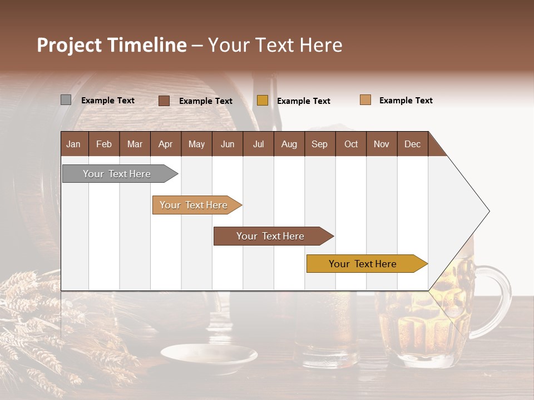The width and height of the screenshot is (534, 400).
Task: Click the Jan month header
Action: pyautogui.click(x=73, y=144)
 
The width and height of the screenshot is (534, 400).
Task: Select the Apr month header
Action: pyautogui.click(x=165, y=144)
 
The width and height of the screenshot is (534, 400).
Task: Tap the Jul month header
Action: pyautogui.click(x=258, y=144)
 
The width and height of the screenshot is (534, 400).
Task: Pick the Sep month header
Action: pyautogui.click(x=319, y=144)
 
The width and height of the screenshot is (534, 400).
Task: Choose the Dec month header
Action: pyautogui.click(x=412, y=144)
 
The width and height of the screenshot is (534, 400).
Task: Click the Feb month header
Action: pyautogui.click(x=104, y=144)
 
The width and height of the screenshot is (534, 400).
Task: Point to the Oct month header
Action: pyautogui.click(x=351, y=144)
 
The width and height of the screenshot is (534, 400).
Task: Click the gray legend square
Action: pyautogui.click(x=66, y=100)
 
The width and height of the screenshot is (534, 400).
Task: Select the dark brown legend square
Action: pyautogui.click(x=164, y=101)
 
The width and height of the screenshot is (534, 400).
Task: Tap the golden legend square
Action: pyautogui.click(x=263, y=101)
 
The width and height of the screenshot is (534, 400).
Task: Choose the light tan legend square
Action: pyautogui.click(x=365, y=100)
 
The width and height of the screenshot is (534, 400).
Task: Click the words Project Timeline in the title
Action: pyautogui.click(x=112, y=45)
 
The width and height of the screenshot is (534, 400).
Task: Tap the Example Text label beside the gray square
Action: pyautogui.click(x=108, y=101)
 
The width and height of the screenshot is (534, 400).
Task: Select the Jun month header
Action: pyautogui.click(x=228, y=144)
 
